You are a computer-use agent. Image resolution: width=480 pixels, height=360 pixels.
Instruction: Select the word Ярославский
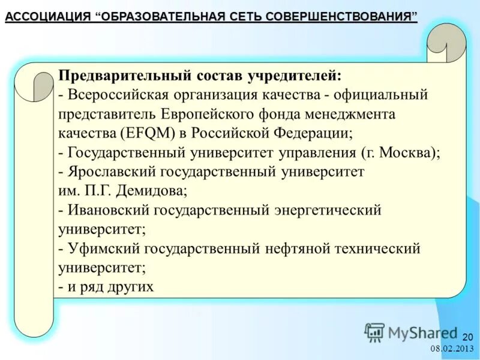[112, 172]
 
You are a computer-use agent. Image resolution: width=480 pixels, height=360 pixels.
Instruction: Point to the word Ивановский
[108, 210]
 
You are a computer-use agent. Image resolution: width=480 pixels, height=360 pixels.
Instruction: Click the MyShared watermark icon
[374, 332]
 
